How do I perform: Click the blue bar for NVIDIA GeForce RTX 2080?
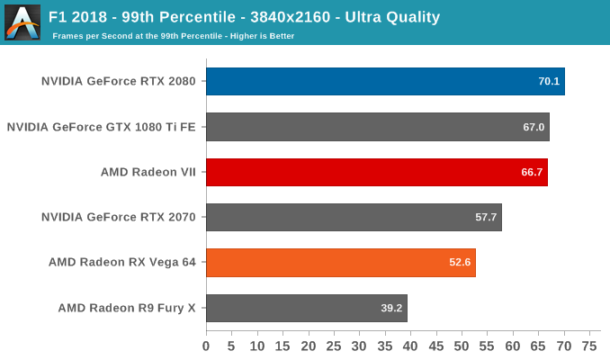[x=385, y=81]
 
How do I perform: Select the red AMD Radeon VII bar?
[x=376, y=172]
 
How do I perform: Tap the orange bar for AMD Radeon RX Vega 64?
[x=340, y=263]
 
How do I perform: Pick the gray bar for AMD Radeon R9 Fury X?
[x=306, y=308]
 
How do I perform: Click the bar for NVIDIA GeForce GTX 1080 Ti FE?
[x=377, y=127]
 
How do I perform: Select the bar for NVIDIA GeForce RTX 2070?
[x=354, y=217]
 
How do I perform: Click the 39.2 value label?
[x=392, y=308]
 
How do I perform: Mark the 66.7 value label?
[x=533, y=172]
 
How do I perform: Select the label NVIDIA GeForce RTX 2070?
[x=120, y=217]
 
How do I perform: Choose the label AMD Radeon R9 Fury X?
[x=128, y=308]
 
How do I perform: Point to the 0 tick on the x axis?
[x=206, y=346]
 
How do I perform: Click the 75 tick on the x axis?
[x=590, y=346]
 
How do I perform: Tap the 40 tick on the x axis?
[x=411, y=346]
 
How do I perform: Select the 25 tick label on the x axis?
[x=334, y=346]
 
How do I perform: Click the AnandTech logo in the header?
[x=22, y=22]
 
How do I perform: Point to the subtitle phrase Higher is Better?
[x=258, y=36]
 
